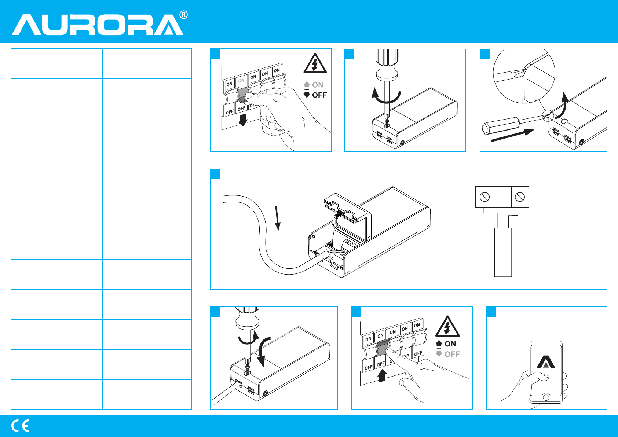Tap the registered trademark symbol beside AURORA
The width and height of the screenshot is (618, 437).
click(x=184, y=15)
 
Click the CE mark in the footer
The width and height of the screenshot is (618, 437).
click(x=21, y=426)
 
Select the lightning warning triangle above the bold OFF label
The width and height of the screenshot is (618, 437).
click(x=315, y=63)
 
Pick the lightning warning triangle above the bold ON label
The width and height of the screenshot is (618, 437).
click(x=447, y=326)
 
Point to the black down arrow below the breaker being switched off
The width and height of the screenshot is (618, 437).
click(x=243, y=120)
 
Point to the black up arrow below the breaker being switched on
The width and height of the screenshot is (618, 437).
click(x=382, y=375)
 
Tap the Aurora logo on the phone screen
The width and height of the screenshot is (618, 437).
click(x=546, y=362)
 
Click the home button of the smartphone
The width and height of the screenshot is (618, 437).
click(x=546, y=397)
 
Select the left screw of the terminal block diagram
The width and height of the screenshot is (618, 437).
click(x=484, y=197)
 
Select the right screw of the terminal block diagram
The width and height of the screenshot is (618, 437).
click(x=520, y=197)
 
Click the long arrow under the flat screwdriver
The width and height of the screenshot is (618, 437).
click(x=513, y=135)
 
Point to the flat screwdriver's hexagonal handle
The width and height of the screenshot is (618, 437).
click(x=501, y=126)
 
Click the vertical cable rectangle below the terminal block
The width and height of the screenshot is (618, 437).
click(x=503, y=252)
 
